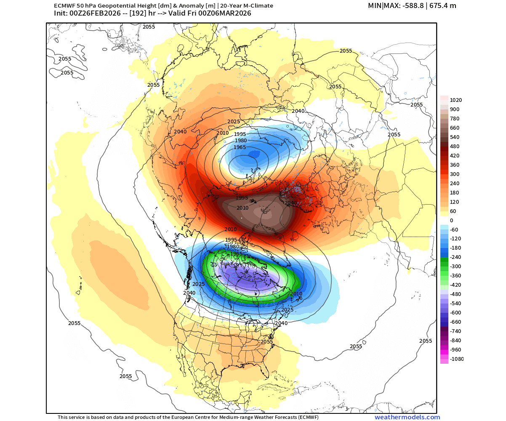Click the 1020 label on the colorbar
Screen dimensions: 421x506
(x=456, y=100)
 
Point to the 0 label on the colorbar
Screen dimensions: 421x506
(x=452, y=221)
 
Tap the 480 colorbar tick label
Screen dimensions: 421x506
(x=455, y=147)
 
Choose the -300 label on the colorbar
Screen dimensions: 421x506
(x=455, y=266)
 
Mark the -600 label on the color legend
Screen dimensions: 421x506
(x=455, y=313)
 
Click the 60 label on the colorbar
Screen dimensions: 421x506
(x=453, y=211)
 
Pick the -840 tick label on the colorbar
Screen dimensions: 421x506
(x=455, y=341)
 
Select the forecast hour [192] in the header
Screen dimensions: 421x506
(x=141, y=13)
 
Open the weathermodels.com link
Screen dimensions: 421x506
(x=407, y=417)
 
